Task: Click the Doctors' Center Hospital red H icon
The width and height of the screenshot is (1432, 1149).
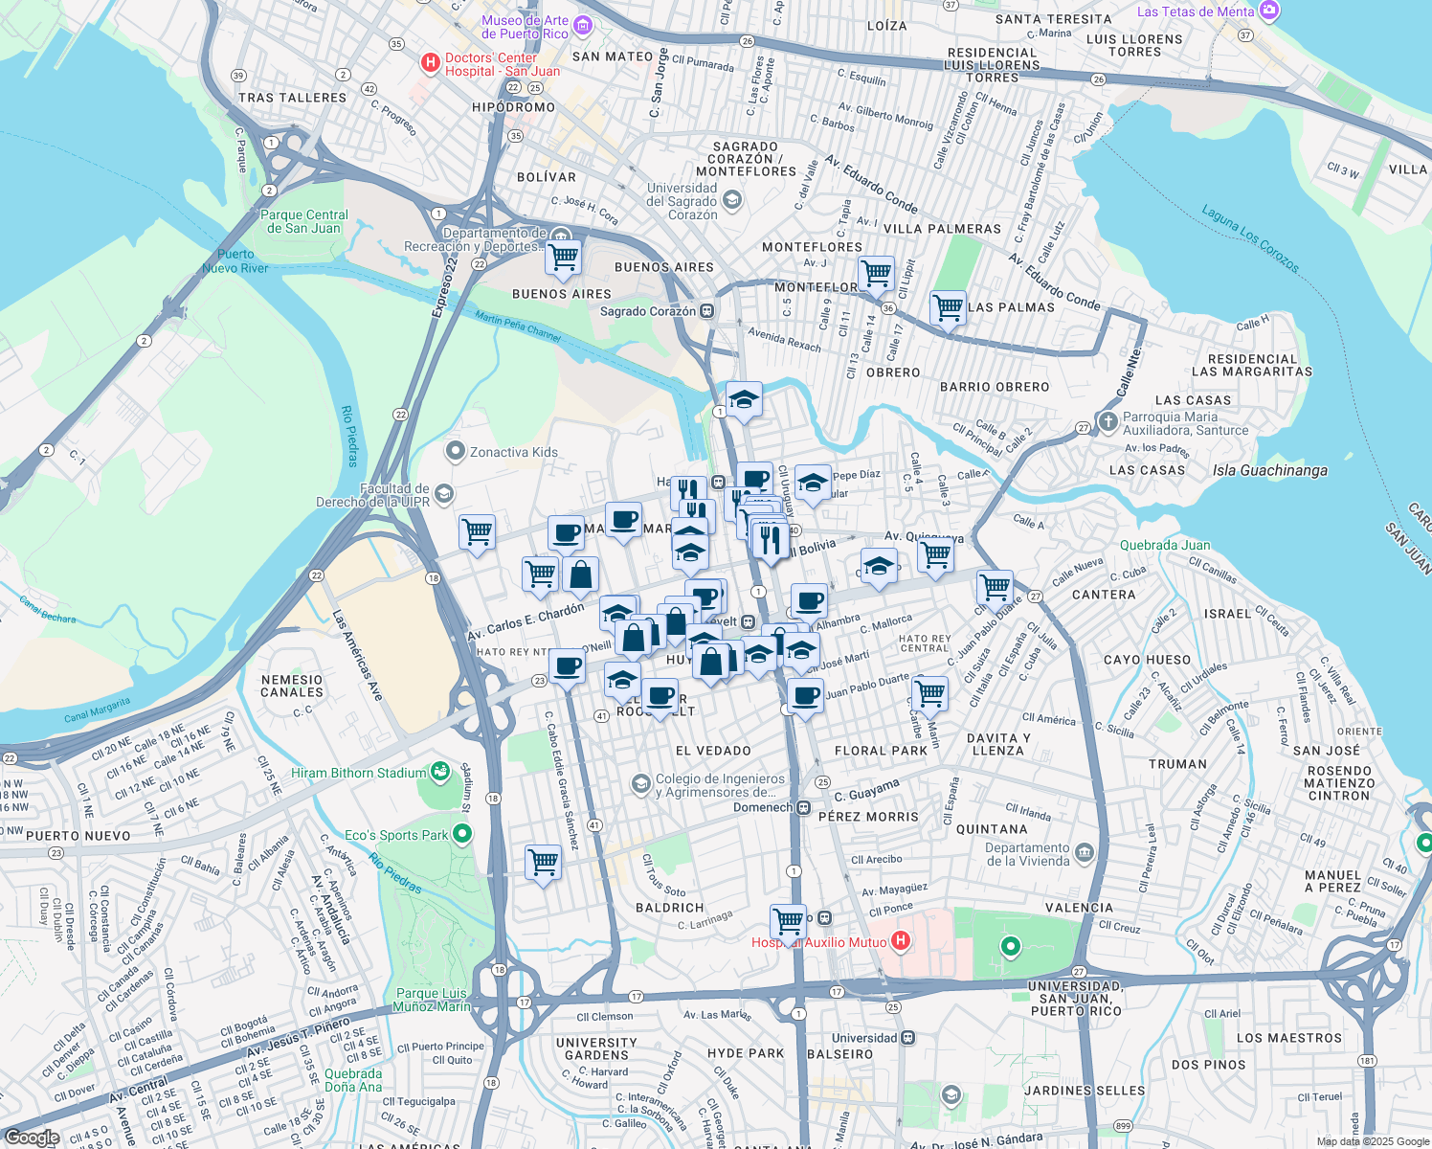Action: tap(431, 64)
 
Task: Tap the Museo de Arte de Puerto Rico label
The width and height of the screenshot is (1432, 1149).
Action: tap(525, 27)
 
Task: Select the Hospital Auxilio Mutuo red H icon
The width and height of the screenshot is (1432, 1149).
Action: tap(900, 941)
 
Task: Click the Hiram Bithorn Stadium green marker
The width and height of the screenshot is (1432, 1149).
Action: tap(439, 771)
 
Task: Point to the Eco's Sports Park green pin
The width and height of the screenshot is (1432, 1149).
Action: tap(462, 834)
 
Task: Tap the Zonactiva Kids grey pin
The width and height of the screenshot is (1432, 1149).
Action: tap(456, 451)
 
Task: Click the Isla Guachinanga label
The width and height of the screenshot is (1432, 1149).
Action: tap(1269, 470)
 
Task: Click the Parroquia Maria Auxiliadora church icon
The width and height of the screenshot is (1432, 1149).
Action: tap(1108, 421)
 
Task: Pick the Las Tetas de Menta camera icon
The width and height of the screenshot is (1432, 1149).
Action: tap(1269, 11)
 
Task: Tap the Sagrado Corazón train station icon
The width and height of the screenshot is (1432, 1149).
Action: tap(707, 311)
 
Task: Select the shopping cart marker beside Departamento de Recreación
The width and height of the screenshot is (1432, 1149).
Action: tap(563, 257)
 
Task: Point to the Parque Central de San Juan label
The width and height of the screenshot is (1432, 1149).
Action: tap(304, 221)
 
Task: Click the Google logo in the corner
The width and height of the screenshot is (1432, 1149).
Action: tap(32, 1137)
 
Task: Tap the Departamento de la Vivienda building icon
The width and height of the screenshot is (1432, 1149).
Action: tap(1084, 851)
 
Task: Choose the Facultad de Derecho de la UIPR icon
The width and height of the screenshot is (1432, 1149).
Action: tap(443, 493)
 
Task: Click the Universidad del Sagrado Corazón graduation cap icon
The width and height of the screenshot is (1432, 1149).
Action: tap(732, 199)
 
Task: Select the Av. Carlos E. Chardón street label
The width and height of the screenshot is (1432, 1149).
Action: tap(526, 622)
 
